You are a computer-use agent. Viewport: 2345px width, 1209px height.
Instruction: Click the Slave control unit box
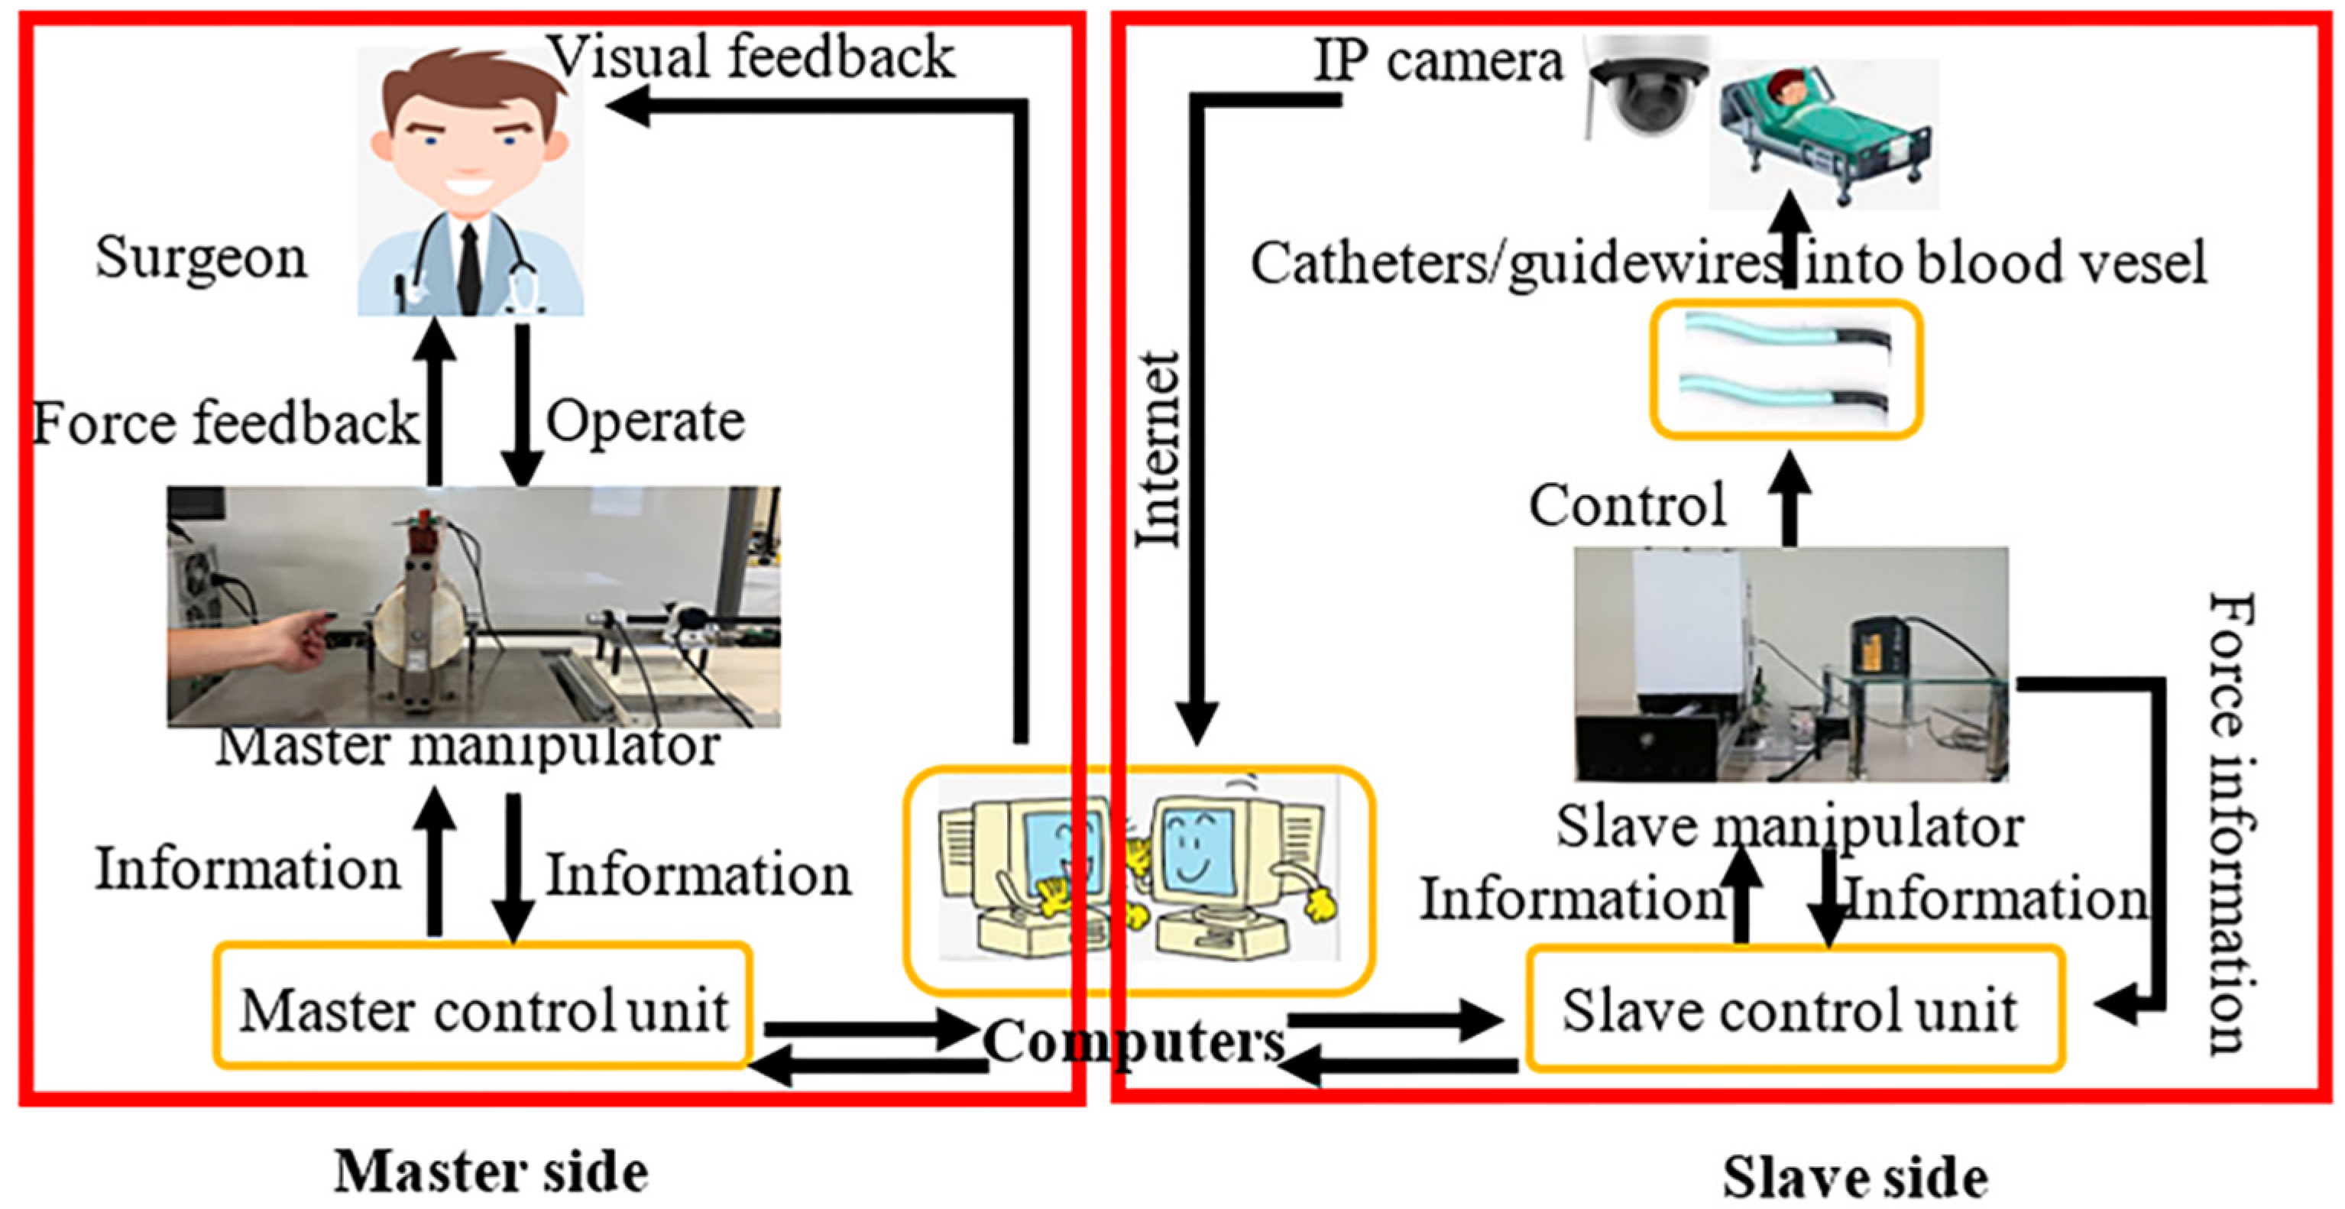click(x=1793, y=1009)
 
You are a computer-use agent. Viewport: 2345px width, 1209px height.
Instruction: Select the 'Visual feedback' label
click(x=753, y=57)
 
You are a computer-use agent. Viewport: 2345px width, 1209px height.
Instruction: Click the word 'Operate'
click(x=644, y=422)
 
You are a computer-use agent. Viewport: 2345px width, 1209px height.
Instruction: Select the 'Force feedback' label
click(x=225, y=423)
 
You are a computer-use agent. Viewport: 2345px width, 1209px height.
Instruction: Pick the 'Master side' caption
click(x=491, y=1172)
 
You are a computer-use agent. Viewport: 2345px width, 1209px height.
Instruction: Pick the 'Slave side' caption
click(x=1854, y=1176)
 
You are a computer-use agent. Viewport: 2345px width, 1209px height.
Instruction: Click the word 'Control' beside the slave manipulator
click(x=1627, y=504)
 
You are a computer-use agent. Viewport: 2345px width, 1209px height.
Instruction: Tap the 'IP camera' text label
click(x=1437, y=62)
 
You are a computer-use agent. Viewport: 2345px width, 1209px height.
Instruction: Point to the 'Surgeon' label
click(x=201, y=258)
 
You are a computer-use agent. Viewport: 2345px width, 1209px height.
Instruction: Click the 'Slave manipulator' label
click(x=1789, y=827)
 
